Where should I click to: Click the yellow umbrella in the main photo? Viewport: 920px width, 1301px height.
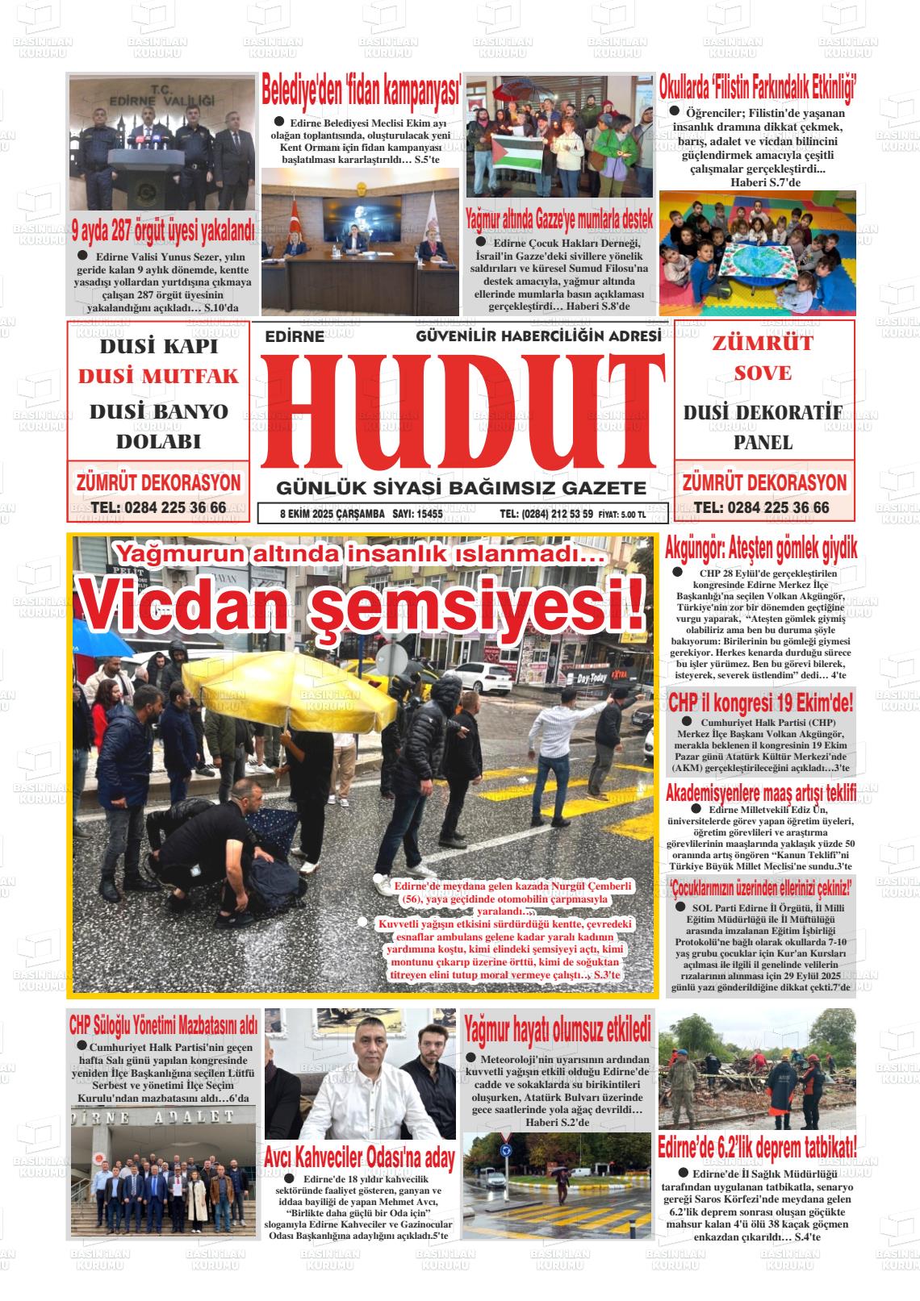click(288, 694)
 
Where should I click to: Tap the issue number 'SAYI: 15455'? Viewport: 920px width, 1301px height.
click(417, 514)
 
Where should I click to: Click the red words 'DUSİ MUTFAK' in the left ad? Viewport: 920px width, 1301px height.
click(158, 377)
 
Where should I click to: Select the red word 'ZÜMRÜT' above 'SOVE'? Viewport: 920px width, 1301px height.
click(763, 343)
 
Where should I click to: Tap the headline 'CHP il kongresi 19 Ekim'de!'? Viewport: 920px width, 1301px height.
click(760, 703)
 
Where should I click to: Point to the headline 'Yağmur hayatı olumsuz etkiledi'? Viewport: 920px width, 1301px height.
click(557, 1029)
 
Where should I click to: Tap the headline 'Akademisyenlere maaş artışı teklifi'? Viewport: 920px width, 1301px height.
click(760, 793)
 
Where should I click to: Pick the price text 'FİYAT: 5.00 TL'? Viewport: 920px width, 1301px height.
click(621, 515)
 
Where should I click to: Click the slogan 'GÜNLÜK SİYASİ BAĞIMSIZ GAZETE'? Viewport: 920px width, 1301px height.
click(461, 488)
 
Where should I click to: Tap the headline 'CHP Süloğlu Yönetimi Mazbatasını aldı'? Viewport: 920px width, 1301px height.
click(163, 1025)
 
